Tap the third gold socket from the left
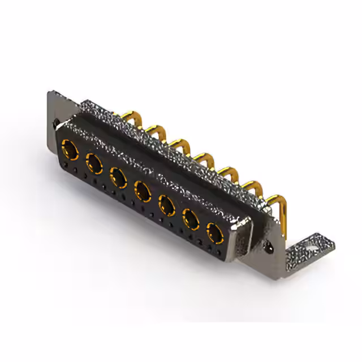click(118, 177)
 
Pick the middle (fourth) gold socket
click(143, 190)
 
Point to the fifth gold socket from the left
click(167, 204)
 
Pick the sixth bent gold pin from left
click(253, 185)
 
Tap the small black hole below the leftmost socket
click(66, 165)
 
